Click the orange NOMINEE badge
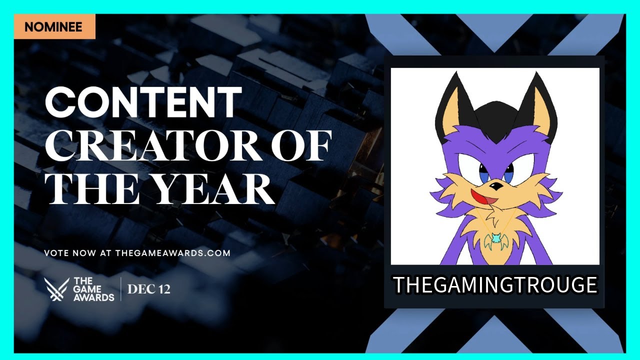tap(54, 26)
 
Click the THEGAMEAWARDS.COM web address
tap(172, 253)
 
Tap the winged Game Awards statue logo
tap(56, 289)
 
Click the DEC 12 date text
tap(148, 289)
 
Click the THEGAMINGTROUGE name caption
tap(495, 285)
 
